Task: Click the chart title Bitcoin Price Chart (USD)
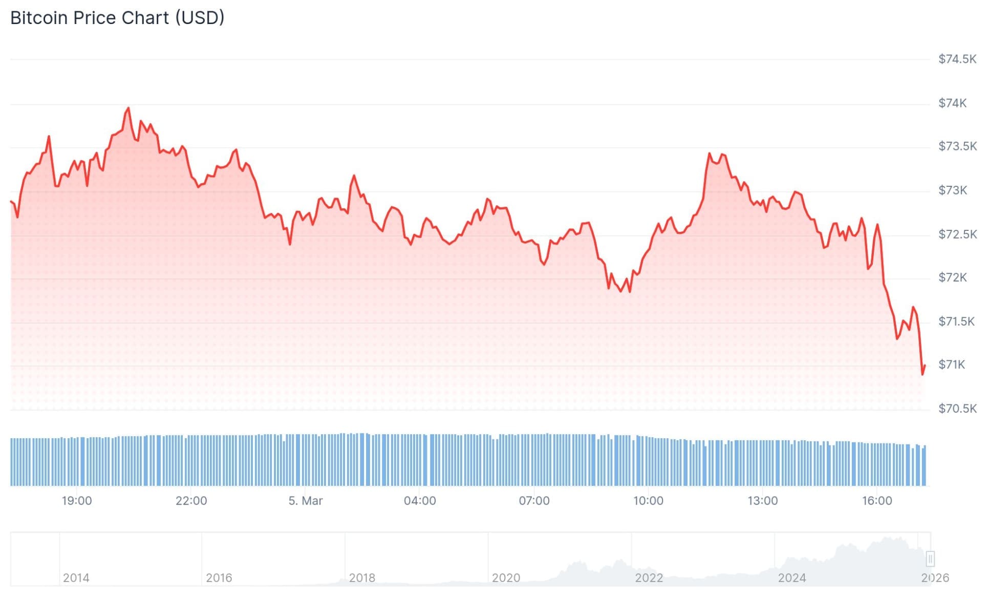pos(117,18)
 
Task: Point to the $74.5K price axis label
pos(957,59)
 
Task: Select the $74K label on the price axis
pos(952,103)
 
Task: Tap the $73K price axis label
pos(952,190)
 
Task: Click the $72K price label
pos(952,277)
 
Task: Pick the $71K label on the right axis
pos(951,364)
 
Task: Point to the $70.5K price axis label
pos(957,409)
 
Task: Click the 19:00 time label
pos(77,501)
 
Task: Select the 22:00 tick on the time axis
pos(191,501)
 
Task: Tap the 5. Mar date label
pos(305,501)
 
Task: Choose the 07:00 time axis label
pos(534,501)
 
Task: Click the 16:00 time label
pos(876,501)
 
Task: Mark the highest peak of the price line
pos(128,108)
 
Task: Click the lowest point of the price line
pos(922,374)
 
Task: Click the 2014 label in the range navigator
pos(76,578)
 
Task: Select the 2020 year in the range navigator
pos(506,578)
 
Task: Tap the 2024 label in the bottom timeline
pos(791,578)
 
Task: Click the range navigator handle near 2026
pos(930,559)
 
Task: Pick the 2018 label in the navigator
pos(362,578)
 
